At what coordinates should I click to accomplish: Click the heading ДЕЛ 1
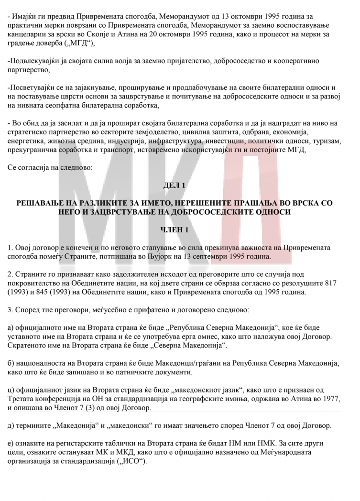(180, 185)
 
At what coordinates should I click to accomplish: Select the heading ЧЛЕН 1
(180, 230)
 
